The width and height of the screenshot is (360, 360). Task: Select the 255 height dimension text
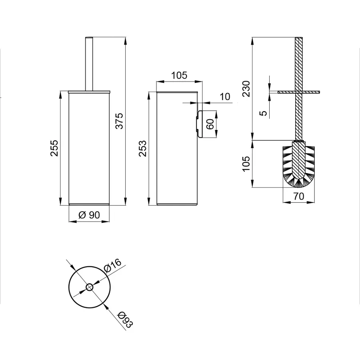point(55,148)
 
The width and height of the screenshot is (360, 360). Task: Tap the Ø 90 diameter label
point(89,215)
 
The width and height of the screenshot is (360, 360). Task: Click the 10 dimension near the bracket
point(225,96)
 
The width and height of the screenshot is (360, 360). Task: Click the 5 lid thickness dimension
point(263,113)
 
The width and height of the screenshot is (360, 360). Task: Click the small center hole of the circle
point(89,287)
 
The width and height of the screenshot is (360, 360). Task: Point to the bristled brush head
point(298,164)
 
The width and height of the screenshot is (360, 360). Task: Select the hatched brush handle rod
point(298,64)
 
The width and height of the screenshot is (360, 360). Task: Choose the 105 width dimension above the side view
point(179,75)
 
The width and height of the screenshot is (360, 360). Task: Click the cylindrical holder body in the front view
point(89,148)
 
